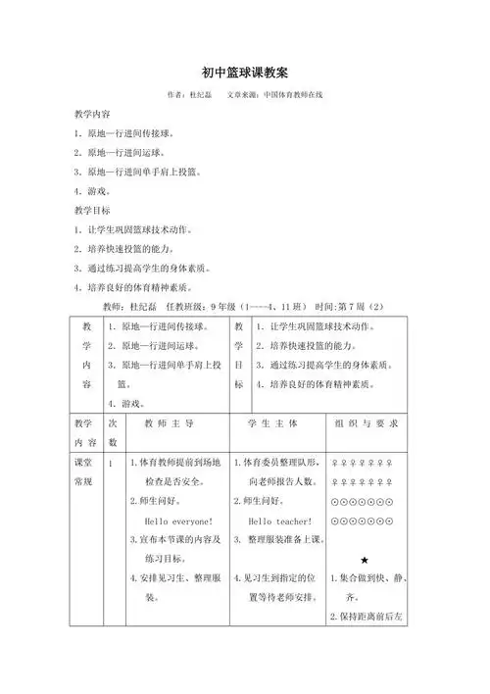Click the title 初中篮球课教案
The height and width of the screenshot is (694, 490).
(x=244, y=73)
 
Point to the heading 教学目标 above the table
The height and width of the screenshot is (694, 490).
(x=92, y=210)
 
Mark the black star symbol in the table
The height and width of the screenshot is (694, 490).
(x=364, y=559)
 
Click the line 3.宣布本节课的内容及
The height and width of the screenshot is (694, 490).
(x=175, y=540)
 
